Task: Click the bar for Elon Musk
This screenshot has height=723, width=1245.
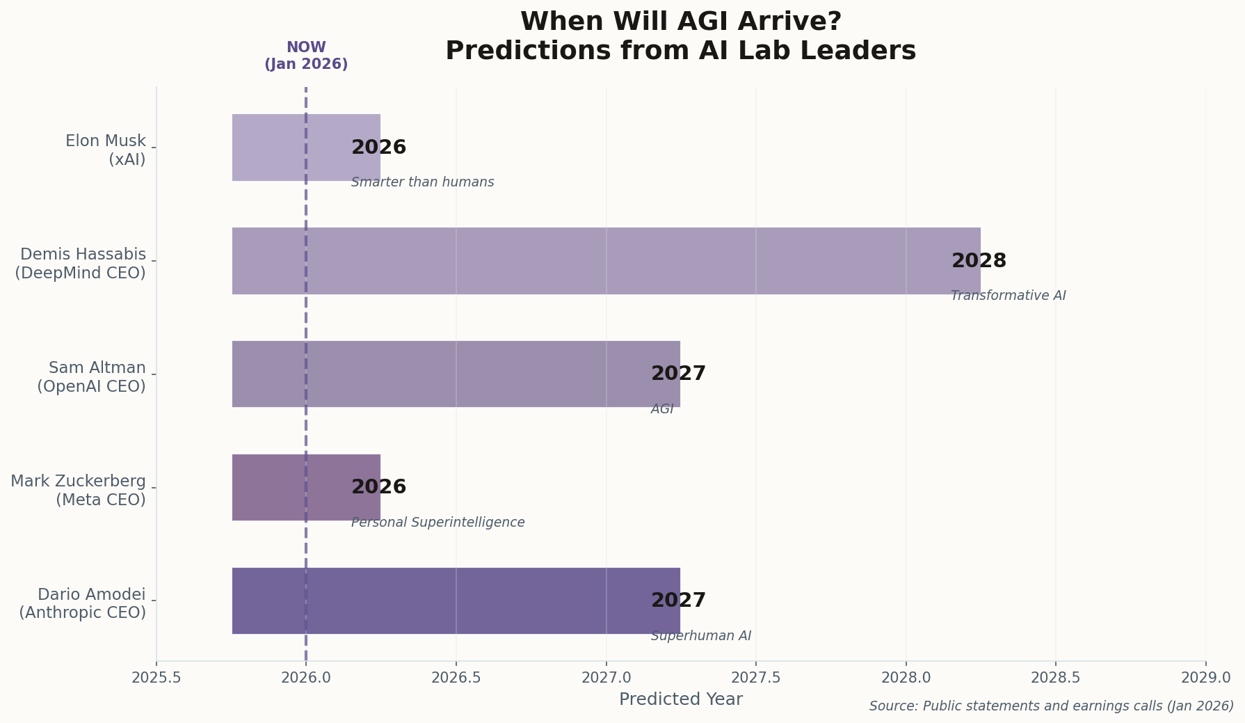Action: pos(278,148)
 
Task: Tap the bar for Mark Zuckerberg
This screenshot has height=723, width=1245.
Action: pos(278,487)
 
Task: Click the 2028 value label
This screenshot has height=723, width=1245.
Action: pos(979,261)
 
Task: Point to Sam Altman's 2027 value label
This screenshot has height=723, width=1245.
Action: pos(678,374)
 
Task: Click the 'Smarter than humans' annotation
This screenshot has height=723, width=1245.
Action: pos(422,182)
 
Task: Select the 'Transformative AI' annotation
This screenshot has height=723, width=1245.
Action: pos(1008,296)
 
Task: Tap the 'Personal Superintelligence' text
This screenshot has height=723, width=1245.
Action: pos(437,523)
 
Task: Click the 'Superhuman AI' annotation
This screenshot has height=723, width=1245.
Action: pos(700,636)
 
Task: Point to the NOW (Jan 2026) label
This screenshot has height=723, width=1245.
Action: pos(306,56)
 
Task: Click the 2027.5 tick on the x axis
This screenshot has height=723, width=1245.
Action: pos(756,677)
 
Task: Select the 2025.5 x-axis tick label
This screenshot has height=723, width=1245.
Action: pos(156,677)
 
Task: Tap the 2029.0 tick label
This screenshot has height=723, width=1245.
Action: pos(1205,677)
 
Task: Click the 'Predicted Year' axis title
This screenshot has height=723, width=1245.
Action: pos(680,699)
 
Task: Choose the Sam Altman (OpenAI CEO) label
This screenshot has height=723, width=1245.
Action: pos(92,376)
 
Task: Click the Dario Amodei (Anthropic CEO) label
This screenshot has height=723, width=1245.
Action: pos(83,603)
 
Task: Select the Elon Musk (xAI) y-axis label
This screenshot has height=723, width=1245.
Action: pos(106,150)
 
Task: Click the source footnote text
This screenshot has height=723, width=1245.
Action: pos(1051,706)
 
